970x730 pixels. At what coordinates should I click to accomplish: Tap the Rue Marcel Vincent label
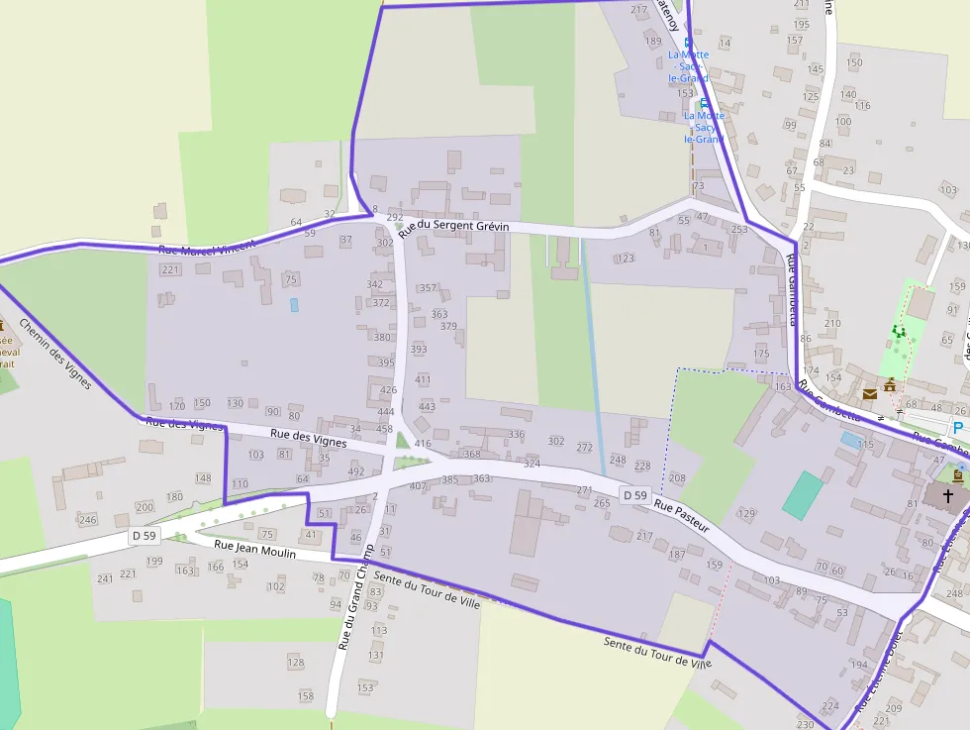[x=208, y=247]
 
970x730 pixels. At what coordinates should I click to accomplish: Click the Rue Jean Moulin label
[x=255, y=550]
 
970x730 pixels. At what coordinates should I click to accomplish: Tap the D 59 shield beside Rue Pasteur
[x=634, y=494]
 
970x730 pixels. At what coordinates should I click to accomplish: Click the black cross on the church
[x=947, y=495]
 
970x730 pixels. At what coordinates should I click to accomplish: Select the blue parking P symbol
[x=957, y=427]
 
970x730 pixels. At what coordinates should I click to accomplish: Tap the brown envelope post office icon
[x=870, y=394]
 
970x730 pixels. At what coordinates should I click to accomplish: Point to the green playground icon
[x=899, y=331]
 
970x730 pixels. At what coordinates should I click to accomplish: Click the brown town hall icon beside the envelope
[x=890, y=384]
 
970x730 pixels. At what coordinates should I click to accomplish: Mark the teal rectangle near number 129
[x=803, y=495]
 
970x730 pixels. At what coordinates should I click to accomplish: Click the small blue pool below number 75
[x=294, y=305]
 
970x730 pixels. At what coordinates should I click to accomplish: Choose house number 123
[x=625, y=259]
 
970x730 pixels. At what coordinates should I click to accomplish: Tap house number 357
[x=428, y=288]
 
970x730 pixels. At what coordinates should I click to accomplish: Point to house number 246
[x=88, y=520]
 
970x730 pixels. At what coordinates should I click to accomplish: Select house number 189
[x=652, y=41]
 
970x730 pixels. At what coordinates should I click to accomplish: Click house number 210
[x=832, y=323]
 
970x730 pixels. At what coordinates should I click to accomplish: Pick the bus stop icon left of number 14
[x=704, y=43]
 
